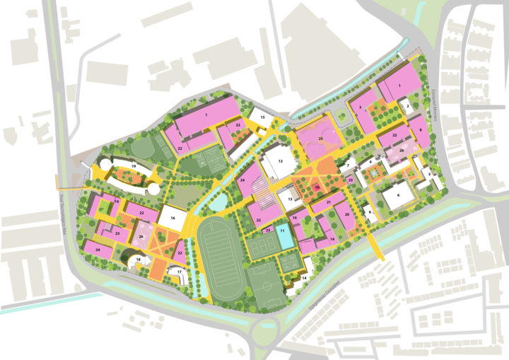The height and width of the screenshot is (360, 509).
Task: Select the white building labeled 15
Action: coord(262,117)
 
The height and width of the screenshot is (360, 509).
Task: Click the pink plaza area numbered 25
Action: coord(320,139)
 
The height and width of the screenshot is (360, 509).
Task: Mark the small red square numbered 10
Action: coord(317,188)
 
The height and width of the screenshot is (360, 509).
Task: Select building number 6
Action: coord(398,194)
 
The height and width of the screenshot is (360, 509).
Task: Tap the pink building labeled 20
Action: coord(347,214)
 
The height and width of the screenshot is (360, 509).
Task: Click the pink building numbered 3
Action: coord(361,108)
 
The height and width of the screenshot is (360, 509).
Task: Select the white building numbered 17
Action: coord(180,272)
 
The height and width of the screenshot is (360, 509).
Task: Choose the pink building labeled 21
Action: coord(329,202)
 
